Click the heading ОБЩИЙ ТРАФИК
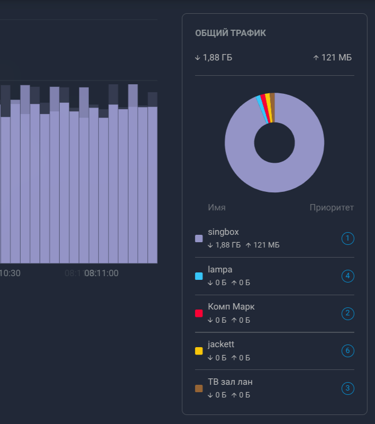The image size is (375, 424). coord(230,33)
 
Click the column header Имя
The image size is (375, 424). coord(217,207)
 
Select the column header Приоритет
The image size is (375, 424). coord(332,207)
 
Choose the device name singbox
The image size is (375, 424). coord(223,232)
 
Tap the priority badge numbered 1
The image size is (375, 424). coord(347,238)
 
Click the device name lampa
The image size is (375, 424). coord(220,270)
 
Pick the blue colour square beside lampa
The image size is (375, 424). coord(199,276)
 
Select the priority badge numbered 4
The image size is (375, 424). coord(347,276)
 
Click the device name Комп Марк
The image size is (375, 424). coord(231,307)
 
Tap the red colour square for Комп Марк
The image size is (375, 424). coord(199,313)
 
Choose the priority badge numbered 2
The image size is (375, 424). coord(347,313)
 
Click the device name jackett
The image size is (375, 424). coord(221,344)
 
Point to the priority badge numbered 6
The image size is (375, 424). coord(347,351)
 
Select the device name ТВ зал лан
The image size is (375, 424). coord(234,382)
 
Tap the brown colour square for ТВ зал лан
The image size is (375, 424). coord(199,388)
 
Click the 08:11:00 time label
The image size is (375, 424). coord(102,273)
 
